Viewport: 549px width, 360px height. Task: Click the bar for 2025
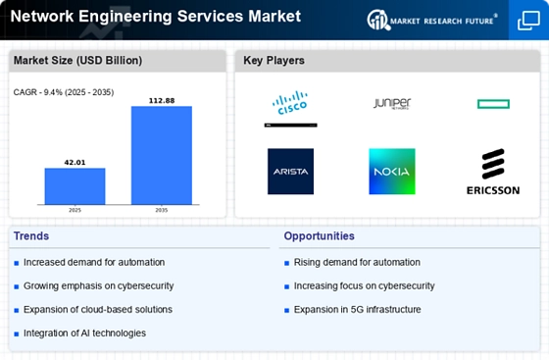click(75, 185)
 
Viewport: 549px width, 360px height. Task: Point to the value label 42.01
click(75, 162)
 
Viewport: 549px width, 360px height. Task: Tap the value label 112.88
click(162, 100)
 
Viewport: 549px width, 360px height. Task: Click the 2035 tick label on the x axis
click(162, 210)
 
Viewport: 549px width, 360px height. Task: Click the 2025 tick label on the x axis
click(75, 210)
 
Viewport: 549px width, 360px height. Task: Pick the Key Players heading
click(274, 61)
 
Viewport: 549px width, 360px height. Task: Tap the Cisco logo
click(290, 107)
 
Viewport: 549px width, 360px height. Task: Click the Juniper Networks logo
click(391, 103)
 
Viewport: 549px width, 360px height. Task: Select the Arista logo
click(290, 172)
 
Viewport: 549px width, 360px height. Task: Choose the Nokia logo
click(391, 172)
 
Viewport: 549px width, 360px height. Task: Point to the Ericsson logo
click(493, 172)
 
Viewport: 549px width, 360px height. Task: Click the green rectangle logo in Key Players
click(492, 104)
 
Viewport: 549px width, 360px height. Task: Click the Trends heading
click(32, 236)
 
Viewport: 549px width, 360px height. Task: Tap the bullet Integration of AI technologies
click(84, 333)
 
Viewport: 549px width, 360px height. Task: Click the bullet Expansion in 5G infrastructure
click(356, 309)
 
